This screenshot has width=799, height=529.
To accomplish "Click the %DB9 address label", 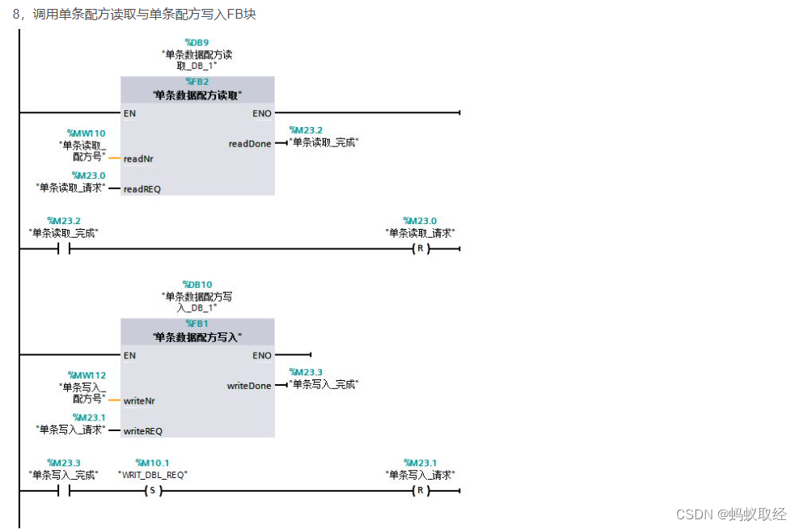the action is click(197, 42).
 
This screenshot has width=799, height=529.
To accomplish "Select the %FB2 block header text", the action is click(197, 82).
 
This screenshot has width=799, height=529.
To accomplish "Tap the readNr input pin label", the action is click(138, 159).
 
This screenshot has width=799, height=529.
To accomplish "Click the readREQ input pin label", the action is click(142, 189).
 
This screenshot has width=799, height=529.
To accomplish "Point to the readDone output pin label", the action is click(250, 144).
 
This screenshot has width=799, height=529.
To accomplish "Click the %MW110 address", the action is click(87, 133).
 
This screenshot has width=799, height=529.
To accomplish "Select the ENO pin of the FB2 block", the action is click(262, 113).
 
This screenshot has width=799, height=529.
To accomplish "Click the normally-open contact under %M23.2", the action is click(64, 248).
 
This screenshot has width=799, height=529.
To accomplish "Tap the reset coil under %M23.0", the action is click(419, 248).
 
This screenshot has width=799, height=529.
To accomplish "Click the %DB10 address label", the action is click(197, 285).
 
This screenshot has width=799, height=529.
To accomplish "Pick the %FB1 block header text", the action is click(197, 324).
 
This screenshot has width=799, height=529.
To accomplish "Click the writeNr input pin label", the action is click(139, 400).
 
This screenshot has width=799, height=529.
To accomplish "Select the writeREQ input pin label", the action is click(142, 431).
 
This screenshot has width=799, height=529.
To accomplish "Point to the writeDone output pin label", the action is click(249, 386).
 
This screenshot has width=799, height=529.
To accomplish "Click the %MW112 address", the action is click(87, 375).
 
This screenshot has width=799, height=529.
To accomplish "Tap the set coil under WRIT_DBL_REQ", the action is click(152, 490).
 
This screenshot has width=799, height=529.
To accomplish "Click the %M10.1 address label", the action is click(152, 463).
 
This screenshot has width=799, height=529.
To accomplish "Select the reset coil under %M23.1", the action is click(419, 490).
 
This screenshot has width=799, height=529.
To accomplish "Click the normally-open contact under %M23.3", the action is click(64, 490).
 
